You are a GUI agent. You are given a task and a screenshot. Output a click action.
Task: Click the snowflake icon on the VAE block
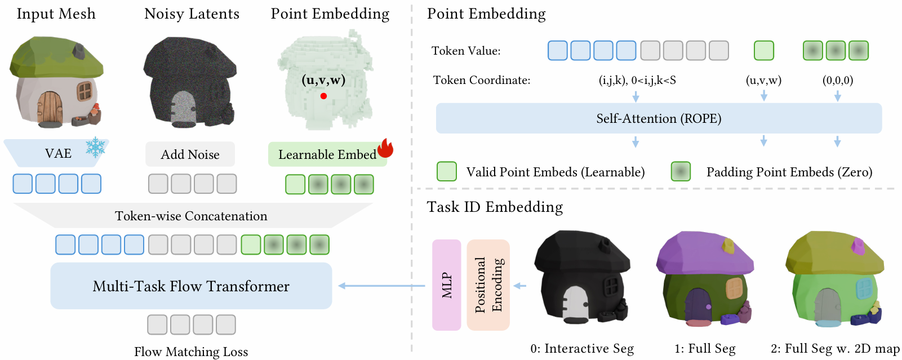click(x=96, y=147)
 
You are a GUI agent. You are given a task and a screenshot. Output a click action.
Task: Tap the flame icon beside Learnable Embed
click(x=385, y=148)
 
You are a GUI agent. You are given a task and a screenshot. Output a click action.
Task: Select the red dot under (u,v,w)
click(x=323, y=96)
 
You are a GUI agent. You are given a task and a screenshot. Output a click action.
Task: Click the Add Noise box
click(x=190, y=154)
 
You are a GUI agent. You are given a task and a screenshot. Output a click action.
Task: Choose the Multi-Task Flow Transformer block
click(x=191, y=286)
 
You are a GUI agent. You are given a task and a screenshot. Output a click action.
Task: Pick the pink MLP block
click(x=446, y=285)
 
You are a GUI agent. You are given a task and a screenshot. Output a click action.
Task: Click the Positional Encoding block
click(x=488, y=285)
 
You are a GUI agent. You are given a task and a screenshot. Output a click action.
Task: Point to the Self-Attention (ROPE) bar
click(x=659, y=118)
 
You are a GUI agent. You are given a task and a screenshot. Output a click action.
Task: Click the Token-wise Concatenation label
click(x=191, y=216)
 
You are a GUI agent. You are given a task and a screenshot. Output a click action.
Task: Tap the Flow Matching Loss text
click(x=191, y=352)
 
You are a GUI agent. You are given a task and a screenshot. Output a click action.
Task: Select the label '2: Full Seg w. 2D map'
click(x=835, y=349)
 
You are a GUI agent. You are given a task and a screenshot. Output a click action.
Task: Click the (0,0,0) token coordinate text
click(x=838, y=81)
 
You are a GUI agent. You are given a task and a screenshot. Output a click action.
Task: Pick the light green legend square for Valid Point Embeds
click(x=447, y=171)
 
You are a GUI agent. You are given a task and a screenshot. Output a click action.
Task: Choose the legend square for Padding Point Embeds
click(x=681, y=171)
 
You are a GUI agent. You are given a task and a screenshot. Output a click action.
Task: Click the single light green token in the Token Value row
click(x=764, y=51)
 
